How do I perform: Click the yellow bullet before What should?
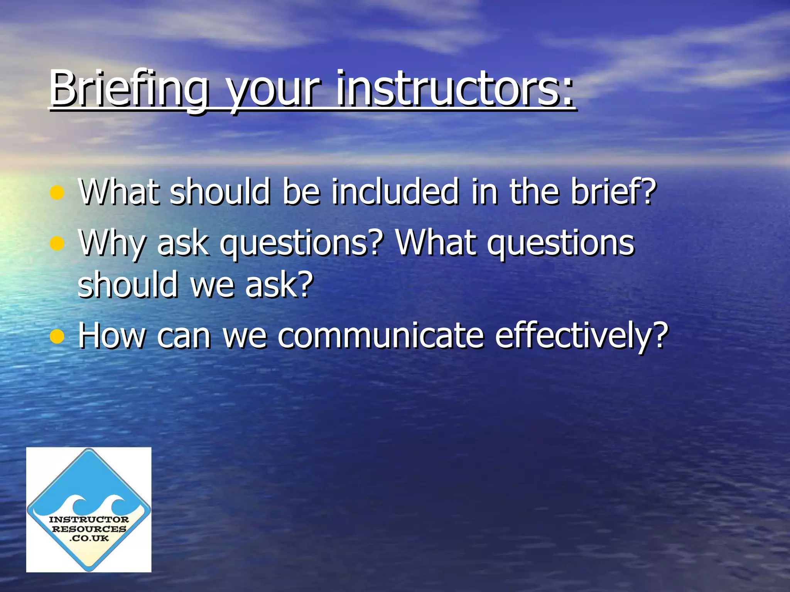(x=57, y=192)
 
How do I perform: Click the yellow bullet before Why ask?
(x=57, y=244)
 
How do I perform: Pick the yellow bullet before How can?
(x=57, y=336)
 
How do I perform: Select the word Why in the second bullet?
(x=112, y=244)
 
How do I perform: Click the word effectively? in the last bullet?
(x=581, y=336)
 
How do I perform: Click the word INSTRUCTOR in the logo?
(x=89, y=520)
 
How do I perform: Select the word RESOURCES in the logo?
(x=89, y=529)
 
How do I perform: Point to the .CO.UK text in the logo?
(x=89, y=538)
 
